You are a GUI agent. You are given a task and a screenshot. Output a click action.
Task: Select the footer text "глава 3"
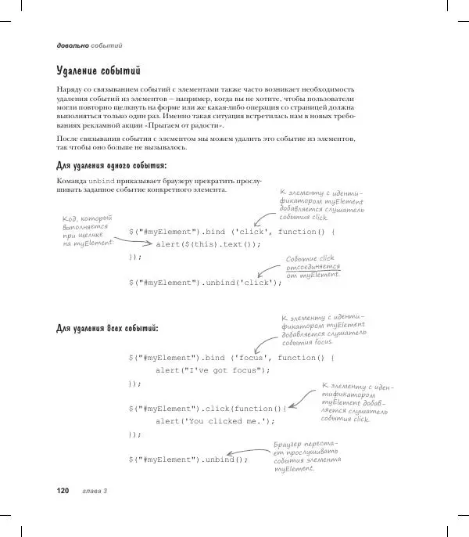click(95, 491)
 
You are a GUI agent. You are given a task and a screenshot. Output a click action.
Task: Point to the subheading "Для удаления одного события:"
click(111, 165)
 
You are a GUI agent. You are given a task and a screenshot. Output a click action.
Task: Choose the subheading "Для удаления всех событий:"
click(108, 327)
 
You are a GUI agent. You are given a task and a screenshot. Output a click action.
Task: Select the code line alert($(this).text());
click(208, 244)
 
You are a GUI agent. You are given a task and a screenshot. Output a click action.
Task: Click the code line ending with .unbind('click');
click(205, 282)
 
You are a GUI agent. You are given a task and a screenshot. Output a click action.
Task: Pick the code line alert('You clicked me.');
click(216, 421)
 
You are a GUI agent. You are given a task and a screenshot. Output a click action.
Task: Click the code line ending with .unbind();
click(188, 460)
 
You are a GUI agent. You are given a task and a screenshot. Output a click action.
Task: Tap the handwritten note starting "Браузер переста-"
click(307, 460)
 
